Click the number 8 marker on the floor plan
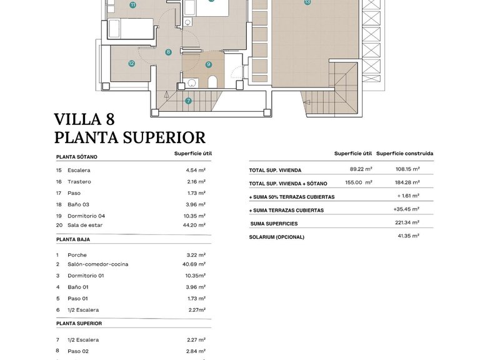tap(168, 52)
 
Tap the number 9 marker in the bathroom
tap(208, 64)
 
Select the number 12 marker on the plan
tap(132, 63)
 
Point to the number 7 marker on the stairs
tap(188, 101)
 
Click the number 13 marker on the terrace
tap(307, 2)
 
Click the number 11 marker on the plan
tap(132, 4)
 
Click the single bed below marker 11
tap(131, 29)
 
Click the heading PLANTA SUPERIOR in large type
tap(129, 137)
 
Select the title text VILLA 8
tap(84, 119)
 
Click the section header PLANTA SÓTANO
tap(77, 157)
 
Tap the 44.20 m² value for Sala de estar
tap(196, 225)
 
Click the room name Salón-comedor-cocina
tap(97, 264)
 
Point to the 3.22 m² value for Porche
tap(196, 255)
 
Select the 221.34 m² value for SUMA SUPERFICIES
tap(407, 222)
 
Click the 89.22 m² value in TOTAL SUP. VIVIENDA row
tap(361, 169)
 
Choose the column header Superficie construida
tap(404, 154)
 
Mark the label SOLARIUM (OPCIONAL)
tap(276, 237)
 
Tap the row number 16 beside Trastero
tap(59, 182)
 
